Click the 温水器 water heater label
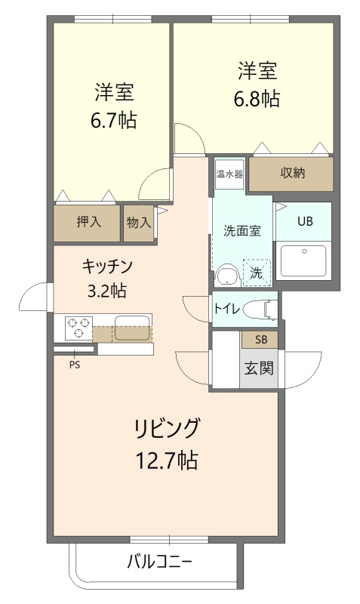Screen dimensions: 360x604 coord(229,174)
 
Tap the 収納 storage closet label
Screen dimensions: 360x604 coord(292,173)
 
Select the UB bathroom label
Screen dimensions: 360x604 coord(305,221)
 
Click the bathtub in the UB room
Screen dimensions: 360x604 coord(304,261)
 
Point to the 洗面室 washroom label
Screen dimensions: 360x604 coord(242,231)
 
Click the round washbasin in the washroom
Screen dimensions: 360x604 coord(228,275)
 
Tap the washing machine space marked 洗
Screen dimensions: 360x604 coord(257,273)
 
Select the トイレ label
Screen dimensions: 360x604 coord(227,309)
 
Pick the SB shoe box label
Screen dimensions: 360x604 coord(261,340)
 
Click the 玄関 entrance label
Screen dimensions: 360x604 coord(259,368)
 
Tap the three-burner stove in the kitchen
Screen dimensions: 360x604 coord(79,328)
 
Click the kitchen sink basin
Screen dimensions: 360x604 coord(132,328)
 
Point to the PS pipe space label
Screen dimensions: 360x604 coord(75,365)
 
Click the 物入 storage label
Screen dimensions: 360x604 coord(139,222)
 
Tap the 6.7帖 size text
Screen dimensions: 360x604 coord(113,120)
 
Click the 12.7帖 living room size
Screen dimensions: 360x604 coord(167,460)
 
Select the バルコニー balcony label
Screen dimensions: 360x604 coord(159,562)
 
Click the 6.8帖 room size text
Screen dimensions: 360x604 coord(257,99)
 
